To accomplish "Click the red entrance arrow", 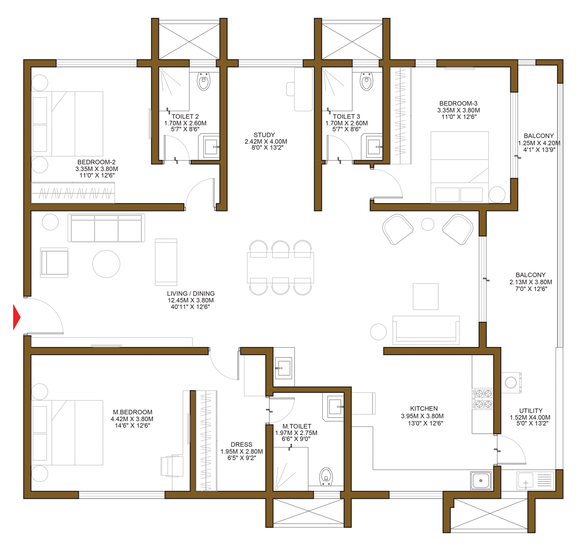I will [16, 317].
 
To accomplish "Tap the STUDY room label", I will [264, 135].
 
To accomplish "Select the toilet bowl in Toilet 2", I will [204, 81].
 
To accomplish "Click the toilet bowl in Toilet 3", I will [366, 81].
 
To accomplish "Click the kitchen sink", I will [481, 480].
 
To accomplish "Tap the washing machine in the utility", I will [511, 383].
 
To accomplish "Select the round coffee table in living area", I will [106, 264].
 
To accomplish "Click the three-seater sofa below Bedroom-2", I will [106, 228].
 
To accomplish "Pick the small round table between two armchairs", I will [428, 224].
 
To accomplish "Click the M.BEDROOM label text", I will [132, 412].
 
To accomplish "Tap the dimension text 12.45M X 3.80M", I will [191, 300].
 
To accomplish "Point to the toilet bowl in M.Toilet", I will [326, 476].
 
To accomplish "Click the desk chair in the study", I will [291, 89].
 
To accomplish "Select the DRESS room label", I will [241, 445].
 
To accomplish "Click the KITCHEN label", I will [424, 409].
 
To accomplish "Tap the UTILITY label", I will [531, 411].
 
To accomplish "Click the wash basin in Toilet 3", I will [373, 147].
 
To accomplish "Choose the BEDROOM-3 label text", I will [458, 104].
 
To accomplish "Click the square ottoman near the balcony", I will [426, 297].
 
